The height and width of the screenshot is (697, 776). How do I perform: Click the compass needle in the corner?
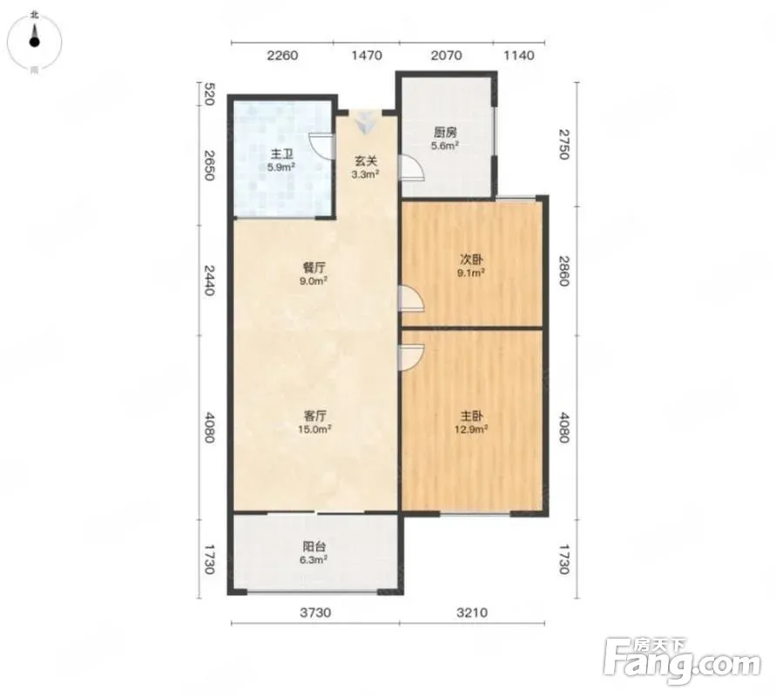click(34, 37)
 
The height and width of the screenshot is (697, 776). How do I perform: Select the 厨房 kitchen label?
click(445, 132)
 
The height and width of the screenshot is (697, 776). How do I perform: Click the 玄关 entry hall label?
click(365, 161)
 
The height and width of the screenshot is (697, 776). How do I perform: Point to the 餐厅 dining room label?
click(314, 267)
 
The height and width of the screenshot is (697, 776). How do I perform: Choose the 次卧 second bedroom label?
click(472, 260)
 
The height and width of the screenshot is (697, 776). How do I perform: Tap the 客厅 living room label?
click(314, 416)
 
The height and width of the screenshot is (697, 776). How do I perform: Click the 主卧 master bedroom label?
click(472, 416)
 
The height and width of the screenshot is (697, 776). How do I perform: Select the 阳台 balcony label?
click(314, 547)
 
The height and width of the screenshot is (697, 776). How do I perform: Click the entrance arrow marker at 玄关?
click(365, 122)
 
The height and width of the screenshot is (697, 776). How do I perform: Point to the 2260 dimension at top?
click(282, 55)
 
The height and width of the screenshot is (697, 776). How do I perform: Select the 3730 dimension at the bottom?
click(315, 612)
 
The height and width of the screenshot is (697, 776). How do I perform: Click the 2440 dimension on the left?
click(209, 281)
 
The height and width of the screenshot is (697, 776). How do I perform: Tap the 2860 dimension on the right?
click(564, 270)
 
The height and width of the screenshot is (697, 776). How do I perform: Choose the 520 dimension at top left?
click(209, 95)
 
